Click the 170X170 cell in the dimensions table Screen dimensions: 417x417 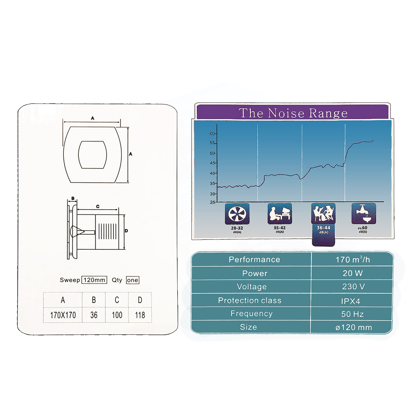(x=63, y=315)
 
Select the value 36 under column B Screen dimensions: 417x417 (x=94, y=315)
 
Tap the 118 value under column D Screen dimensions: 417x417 (x=140, y=315)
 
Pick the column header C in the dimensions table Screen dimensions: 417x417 (x=117, y=300)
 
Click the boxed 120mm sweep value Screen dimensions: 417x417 (x=94, y=280)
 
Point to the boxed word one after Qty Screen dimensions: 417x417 (x=133, y=280)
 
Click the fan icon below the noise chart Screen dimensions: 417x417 (x=237, y=214)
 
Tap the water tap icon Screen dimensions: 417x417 (x=364, y=213)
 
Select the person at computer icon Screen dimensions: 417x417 (x=280, y=213)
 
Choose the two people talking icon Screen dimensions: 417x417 (x=323, y=213)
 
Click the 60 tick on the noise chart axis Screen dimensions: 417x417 (x=212, y=133)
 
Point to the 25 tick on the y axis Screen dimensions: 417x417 (x=212, y=202)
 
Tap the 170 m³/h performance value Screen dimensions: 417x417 (x=353, y=259)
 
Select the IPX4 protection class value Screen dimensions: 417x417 (x=351, y=301)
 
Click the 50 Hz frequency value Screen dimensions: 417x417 (x=352, y=314)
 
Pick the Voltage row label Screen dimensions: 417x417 (x=252, y=287)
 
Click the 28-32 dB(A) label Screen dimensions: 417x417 (x=237, y=229)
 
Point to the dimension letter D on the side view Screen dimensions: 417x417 (x=126, y=231)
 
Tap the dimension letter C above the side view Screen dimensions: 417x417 (x=98, y=206)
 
